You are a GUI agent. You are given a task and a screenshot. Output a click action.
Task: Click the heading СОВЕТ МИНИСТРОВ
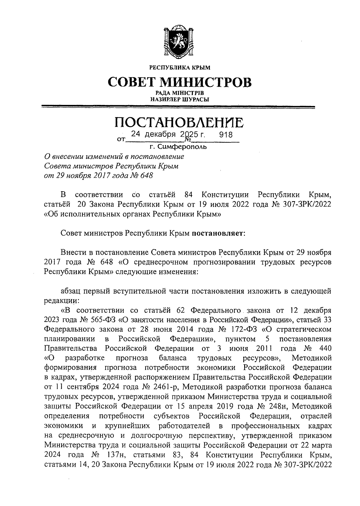coord(180,82)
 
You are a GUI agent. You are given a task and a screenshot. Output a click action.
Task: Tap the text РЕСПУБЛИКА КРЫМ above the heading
coord(180,68)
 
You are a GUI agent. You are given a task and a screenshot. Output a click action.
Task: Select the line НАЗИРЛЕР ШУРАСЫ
coord(180,99)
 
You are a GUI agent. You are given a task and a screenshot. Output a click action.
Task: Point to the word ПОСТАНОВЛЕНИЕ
coord(179,122)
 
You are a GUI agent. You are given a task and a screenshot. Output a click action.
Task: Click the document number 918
coord(226,135)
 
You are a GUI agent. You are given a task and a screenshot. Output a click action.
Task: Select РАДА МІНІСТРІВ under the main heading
coord(180,94)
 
